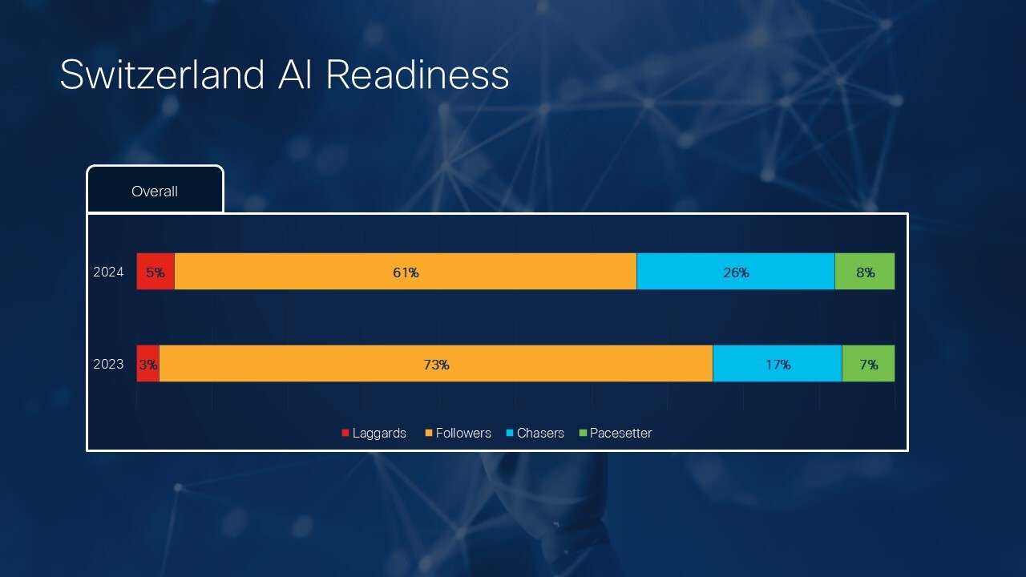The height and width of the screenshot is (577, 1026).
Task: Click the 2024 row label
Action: [x=108, y=272]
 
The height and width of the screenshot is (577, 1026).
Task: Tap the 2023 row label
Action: [x=108, y=365]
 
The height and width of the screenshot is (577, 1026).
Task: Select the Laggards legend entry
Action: [x=374, y=434]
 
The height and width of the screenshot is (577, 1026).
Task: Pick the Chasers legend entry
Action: [x=535, y=434]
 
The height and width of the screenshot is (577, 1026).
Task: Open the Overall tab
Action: [x=155, y=191]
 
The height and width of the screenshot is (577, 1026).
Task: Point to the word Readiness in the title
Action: [x=417, y=75]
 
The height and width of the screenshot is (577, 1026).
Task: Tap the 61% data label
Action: [x=406, y=272]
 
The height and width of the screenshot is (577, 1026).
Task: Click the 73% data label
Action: [x=436, y=365]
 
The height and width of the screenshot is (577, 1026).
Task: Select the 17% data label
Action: [x=778, y=365]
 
